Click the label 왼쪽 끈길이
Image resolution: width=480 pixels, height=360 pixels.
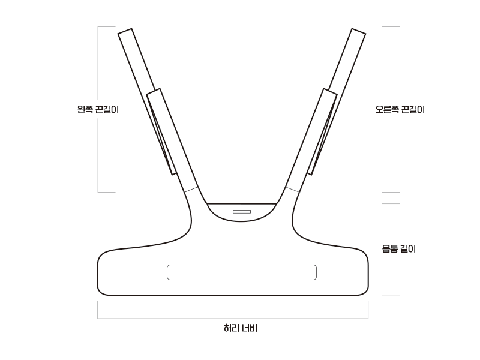tap(98, 109)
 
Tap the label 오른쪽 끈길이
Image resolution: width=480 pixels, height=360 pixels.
tap(400, 109)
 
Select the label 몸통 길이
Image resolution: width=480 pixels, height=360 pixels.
tap(399, 248)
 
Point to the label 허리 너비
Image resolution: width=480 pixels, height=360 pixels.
tap(241, 328)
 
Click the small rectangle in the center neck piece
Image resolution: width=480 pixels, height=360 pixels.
tap(242, 212)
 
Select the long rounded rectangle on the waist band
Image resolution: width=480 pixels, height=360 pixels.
tap(242, 272)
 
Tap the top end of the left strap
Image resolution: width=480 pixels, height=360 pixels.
tap(125, 31)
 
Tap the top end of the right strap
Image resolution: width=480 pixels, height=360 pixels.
tap(358, 31)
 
